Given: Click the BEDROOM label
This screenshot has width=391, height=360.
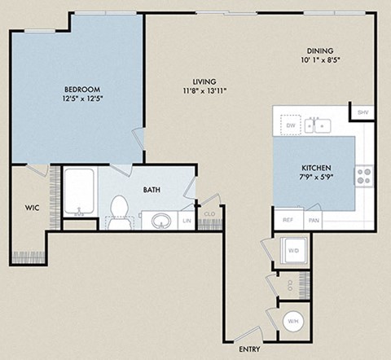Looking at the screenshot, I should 82,88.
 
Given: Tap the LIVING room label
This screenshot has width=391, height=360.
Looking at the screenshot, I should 204,81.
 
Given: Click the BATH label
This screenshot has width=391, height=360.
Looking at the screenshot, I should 152,190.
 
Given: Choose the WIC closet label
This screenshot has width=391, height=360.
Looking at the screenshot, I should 31,207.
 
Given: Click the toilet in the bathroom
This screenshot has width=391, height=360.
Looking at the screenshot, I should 119,209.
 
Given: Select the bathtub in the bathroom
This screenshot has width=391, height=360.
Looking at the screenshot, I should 81,192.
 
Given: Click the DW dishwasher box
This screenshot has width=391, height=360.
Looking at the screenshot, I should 289,125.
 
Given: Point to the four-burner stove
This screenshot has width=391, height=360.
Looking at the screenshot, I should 363,173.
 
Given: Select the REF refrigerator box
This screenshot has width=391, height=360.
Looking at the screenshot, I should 288,220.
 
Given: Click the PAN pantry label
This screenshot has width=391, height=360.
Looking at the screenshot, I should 314,220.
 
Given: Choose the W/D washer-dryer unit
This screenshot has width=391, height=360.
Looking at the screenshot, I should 291,251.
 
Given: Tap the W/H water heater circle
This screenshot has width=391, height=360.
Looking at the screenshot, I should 291,323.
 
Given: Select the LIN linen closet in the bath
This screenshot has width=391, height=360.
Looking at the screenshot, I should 187,221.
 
